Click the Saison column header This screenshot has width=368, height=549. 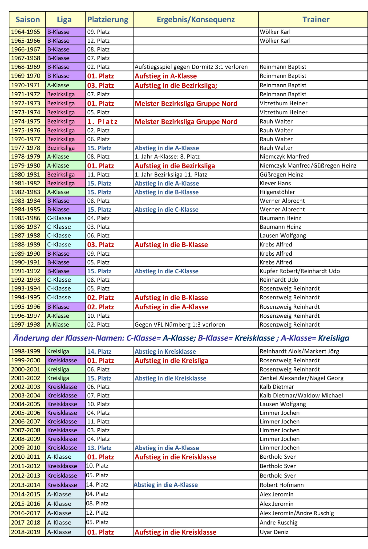click(27, 19)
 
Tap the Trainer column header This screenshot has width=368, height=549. click(316, 19)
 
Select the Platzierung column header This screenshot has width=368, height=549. click(108, 19)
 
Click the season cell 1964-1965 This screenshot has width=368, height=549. click(26, 32)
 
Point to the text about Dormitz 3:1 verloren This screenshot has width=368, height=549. click(191, 67)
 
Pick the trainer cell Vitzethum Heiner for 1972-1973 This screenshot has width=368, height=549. click(283, 103)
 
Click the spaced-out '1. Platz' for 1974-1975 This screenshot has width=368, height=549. click(102, 122)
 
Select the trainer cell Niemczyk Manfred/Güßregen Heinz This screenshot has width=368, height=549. click(308, 166)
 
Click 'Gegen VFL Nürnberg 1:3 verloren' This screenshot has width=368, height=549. click(180, 325)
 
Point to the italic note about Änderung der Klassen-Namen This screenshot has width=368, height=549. click(181, 338)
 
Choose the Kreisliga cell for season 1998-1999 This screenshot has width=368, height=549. click(58, 351)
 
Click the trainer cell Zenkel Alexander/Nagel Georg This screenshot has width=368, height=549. click(301, 378)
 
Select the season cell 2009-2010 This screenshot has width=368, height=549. click(26, 448)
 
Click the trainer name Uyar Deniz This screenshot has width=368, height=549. click(274, 532)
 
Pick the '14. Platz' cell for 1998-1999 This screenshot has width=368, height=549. click(99, 351)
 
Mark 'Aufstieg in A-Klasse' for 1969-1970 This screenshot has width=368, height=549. click(166, 76)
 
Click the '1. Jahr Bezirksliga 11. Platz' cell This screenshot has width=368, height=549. click(171, 174)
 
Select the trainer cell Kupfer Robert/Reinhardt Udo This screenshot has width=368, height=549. click(300, 271)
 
